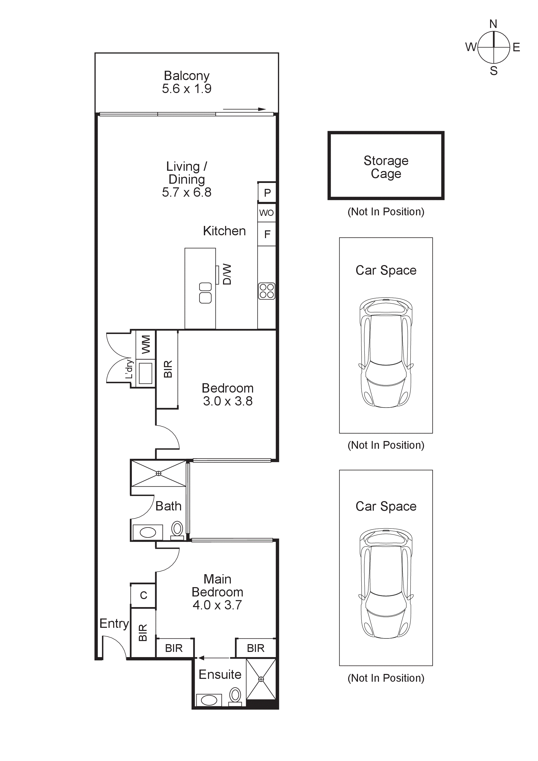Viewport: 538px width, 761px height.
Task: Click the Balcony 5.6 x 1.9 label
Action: [186, 82]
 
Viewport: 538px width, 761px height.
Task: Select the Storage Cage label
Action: [386, 167]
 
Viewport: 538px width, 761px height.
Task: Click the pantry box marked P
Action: [267, 193]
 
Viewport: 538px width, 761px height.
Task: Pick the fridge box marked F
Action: [267, 234]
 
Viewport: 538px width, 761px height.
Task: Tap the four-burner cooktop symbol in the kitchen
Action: [267, 291]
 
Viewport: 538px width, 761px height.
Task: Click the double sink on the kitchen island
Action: [205, 293]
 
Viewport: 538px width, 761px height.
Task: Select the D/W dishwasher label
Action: [227, 274]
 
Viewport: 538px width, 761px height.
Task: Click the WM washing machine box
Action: [146, 344]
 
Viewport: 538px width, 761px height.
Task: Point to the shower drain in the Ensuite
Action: [261, 679]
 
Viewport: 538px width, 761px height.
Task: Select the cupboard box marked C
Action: [144, 596]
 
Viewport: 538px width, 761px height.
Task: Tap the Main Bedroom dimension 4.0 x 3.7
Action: [217, 605]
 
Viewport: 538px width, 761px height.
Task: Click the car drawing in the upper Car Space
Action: [386, 352]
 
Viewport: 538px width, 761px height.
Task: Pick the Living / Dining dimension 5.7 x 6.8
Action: [186, 192]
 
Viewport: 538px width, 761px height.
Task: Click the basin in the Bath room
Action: [148, 533]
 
